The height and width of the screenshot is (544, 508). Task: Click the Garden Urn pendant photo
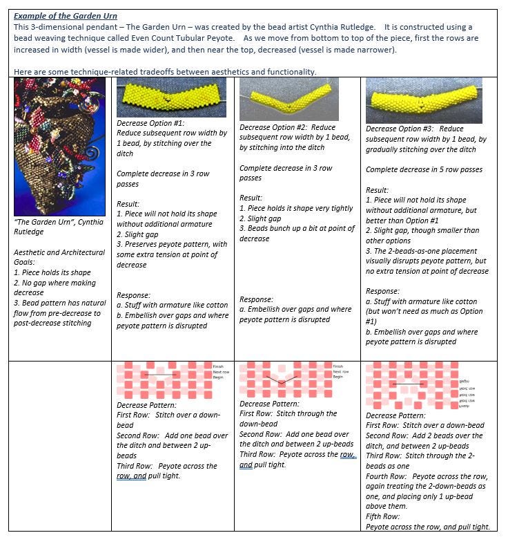point(59,146)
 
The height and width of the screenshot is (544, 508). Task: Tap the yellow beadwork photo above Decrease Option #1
point(170,97)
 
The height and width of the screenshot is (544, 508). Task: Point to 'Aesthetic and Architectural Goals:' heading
point(59,257)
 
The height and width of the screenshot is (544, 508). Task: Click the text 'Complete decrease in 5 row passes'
point(424,169)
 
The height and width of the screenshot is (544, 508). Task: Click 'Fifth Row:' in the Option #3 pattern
point(382,516)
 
